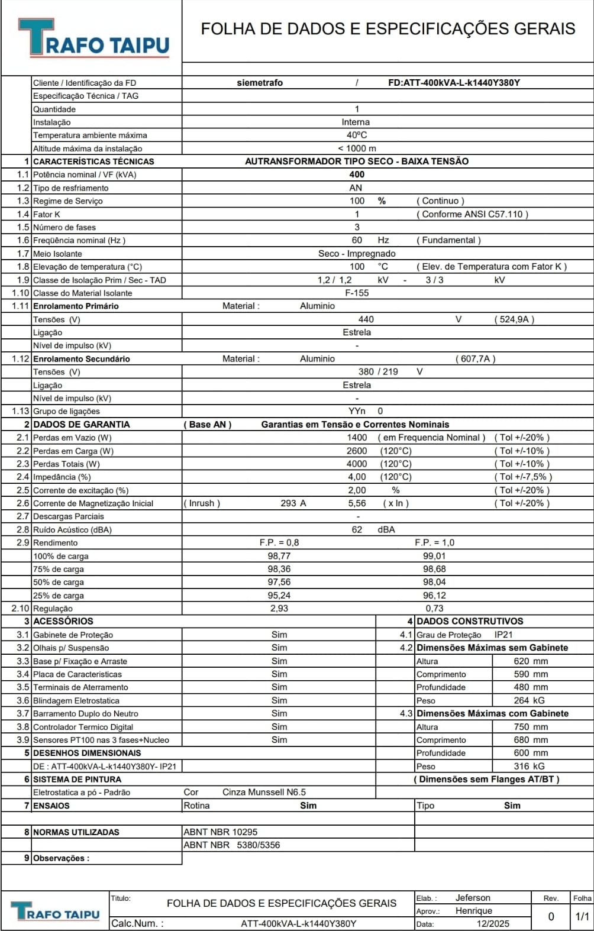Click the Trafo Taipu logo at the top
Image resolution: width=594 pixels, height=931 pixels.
[x=93, y=38]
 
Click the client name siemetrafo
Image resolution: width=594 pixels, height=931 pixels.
[x=260, y=83]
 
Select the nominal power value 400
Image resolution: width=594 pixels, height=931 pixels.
[x=357, y=174]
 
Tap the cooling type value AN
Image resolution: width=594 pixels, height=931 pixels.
[x=356, y=188]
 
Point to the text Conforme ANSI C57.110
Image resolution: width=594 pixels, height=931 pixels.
[x=472, y=214]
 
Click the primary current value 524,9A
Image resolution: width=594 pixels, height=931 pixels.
[x=514, y=319]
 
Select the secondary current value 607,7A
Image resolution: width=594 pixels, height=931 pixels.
[x=475, y=358]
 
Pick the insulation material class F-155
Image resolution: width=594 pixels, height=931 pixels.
[x=357, y=293]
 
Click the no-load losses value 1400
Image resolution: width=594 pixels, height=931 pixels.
[x=357, y=438]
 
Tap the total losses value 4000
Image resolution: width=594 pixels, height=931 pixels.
[x=357, y=464]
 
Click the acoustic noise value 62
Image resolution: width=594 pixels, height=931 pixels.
[x=357, y=529]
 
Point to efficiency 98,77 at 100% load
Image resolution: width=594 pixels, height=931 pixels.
[x=279, y=556]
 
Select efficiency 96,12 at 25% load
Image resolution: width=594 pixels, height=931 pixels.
[x=434, y=596]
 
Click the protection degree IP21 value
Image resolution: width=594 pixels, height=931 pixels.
[x=503, y=635]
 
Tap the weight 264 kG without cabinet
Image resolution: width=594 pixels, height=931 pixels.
[x=529, y=700]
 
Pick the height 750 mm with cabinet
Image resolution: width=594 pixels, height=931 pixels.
[x=531, y=727]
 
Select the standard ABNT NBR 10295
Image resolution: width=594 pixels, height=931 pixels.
[x=220, y=832]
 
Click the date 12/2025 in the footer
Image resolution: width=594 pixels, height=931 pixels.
[x=492, y=923]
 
